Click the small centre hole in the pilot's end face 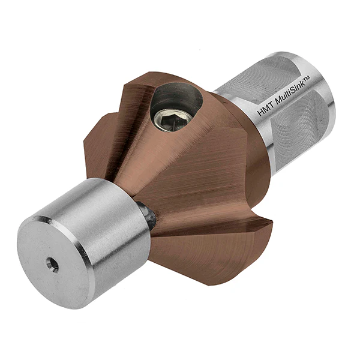tap(53, 265)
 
